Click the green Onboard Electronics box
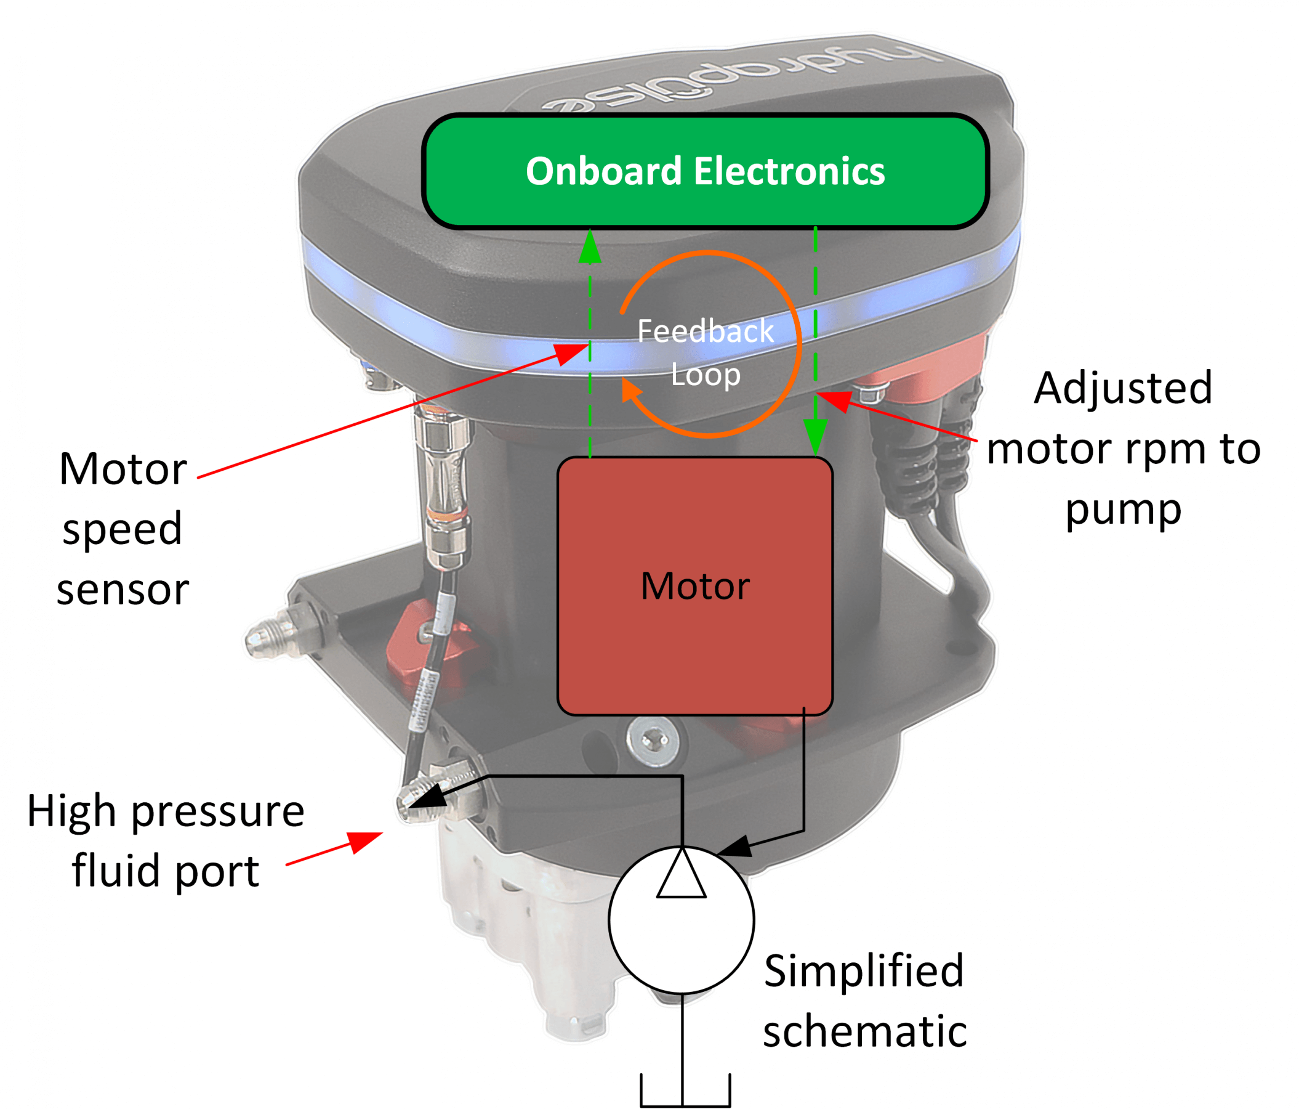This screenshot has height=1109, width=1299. point(706,171)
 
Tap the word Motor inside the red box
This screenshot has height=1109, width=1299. point(694,586)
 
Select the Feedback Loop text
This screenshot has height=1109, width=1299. point(706,352)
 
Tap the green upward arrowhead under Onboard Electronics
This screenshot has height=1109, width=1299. point(590,247)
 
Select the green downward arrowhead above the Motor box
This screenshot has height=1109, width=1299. point(815,436)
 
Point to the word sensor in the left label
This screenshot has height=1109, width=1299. point(123,590)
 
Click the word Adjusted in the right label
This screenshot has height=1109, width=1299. point(1123,388)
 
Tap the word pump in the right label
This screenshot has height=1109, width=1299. point(1123,509)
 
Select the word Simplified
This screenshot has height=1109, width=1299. point(863,971)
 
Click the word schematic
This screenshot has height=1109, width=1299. point(864,1031)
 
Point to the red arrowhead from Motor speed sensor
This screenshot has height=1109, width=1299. point(572,352)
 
